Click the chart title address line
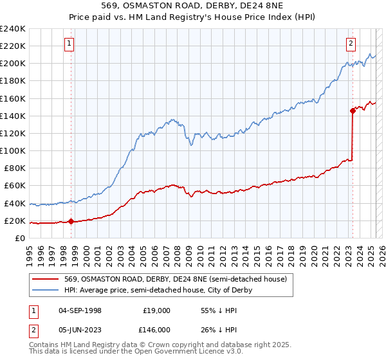193,6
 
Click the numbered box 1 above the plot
69,44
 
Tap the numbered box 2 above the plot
351,44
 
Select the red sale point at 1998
71,222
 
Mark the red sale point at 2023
353,111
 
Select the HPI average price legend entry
158,290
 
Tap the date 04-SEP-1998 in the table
80,310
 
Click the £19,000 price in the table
156,310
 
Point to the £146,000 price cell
155,330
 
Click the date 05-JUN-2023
80,330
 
